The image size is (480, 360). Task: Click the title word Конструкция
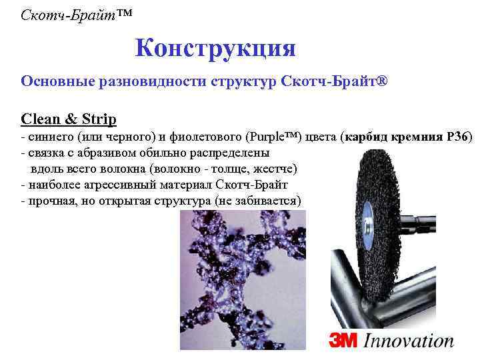pos(215,48)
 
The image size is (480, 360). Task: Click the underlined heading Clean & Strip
pos(69,119)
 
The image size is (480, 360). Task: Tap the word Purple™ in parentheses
pos(273,138)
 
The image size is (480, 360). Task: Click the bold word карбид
pos(368,138)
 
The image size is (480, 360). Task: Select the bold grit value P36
pos(456,138)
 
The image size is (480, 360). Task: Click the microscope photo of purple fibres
pos(242,280)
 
